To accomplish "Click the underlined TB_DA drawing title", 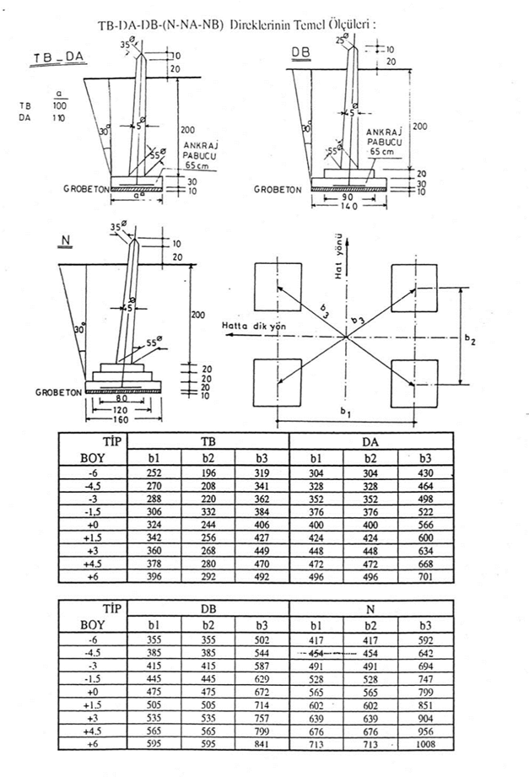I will click(57, 58).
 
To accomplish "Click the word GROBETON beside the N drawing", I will click(57, 392).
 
